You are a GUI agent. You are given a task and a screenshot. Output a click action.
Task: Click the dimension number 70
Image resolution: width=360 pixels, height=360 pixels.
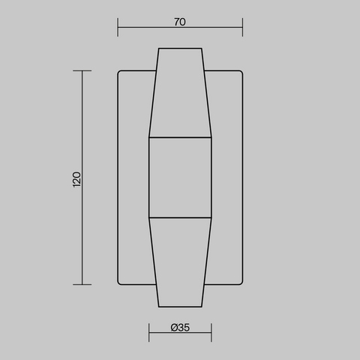coord(180,22)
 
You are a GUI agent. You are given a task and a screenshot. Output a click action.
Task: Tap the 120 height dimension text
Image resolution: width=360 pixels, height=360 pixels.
coord(76,179)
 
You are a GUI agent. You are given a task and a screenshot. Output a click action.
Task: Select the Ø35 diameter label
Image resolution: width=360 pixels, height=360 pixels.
coord(180,328)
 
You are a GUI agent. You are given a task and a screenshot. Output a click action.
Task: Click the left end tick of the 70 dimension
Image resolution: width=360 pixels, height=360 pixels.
coord(118,27)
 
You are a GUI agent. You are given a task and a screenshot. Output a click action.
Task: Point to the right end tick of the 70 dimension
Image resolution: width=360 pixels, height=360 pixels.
coord(242,27)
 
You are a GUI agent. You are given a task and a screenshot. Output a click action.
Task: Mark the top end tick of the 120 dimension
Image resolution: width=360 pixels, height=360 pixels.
coord(82,70)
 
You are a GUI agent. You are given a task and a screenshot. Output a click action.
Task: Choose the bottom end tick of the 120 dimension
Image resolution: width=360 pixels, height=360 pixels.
coord(82,284)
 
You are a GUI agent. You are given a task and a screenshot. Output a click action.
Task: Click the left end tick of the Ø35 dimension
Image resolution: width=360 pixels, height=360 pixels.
coord(149,332)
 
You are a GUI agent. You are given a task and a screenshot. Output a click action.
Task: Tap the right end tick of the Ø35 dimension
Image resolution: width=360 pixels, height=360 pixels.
coord(211,332)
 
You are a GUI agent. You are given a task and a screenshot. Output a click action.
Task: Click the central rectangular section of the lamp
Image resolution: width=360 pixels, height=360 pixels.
coord(180,178)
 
